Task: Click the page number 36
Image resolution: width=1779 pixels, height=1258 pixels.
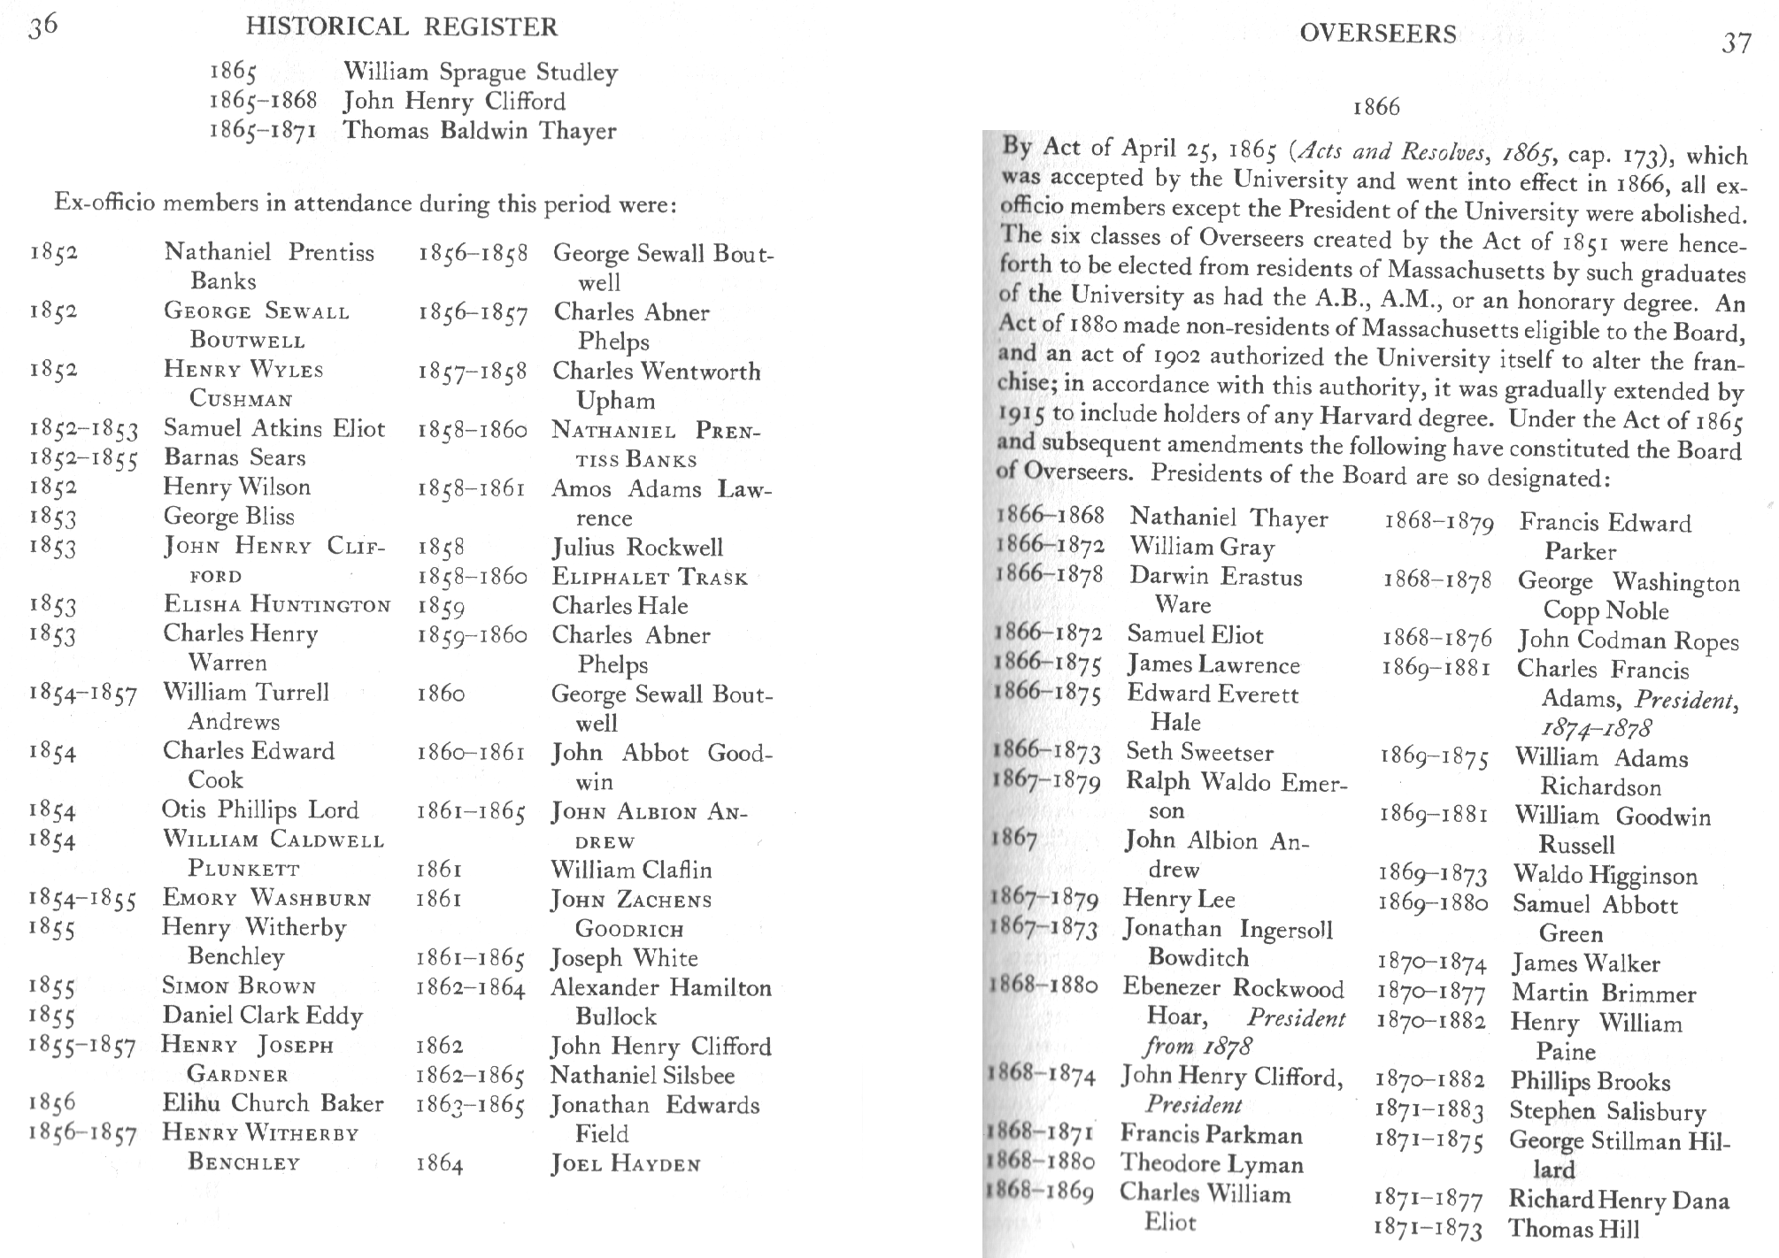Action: coord(42,27)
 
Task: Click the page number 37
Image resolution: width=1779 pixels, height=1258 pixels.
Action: coord(1736,42)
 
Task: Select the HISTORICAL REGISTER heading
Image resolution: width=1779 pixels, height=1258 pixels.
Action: coord(402,27)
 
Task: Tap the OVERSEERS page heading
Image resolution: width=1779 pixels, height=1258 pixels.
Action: coord(1377,35)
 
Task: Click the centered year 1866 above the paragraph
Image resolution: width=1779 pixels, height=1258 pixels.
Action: coord(1376,108)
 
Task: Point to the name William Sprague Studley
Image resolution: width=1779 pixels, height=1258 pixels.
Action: coord(480,72)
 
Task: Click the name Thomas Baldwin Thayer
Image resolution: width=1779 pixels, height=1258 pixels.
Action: coord(479,131)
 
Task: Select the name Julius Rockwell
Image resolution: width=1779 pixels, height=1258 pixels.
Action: coord(637,548)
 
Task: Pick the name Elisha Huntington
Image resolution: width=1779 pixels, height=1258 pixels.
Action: coord(276,604)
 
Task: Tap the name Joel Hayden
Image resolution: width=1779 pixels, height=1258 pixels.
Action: coord(625,1164)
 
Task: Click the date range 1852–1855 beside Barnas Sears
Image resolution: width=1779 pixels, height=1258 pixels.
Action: coord(83,458)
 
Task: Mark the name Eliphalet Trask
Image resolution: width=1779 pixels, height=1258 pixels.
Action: coord(649,577)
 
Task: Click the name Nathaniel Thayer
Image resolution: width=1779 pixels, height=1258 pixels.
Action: coord(1228,518)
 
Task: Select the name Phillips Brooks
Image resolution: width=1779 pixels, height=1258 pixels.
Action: coord(1590,1081)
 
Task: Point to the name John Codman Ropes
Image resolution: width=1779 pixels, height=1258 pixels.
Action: coord(1628,641)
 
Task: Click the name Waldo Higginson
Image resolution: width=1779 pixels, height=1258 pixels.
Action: coord(1605,876)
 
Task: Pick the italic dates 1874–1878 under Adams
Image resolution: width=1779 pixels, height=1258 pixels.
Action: coord(1596,729)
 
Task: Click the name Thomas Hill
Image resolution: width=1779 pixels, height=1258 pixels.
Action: coord(1574,1229)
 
